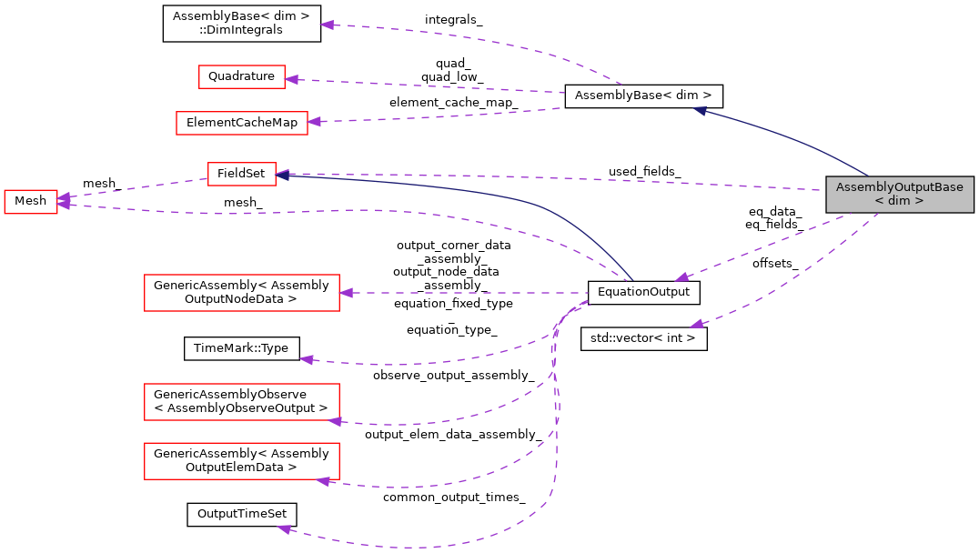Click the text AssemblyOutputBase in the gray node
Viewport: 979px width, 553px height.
pyautogui.click(x=899, y=187)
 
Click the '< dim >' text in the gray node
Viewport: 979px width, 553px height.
pyautogui.click(x=899, y=201)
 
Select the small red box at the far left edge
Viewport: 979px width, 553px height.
pyautogui.click(x=31, y=202)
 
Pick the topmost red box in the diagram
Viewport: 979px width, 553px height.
pyautogui.click(x=242, y=77)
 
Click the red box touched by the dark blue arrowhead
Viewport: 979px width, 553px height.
pyautogui.click(x=242, y=174)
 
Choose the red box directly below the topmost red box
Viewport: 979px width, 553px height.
pyautogui.click(x=242, y=123)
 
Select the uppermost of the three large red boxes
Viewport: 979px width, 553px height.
pyautogui.click(x=242, y=293)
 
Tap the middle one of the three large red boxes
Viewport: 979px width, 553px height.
pyautogui.click(x=242, y=402)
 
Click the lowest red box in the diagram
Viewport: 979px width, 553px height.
pyautogui.click(x=242, y=461)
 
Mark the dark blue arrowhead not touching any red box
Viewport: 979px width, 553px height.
pyautogui.click(x=700, y=110)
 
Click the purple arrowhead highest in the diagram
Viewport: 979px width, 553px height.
pyautogui.click(x=327, y=25)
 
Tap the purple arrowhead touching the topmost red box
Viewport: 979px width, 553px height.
pyautogui.click(x=291, y=80)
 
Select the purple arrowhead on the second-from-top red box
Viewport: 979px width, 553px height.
pyautogui.click(x=314, y=121)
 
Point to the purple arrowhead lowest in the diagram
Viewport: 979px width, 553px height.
pyautogui.click(x=284, y=528)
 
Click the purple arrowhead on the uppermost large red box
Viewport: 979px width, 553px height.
pyautogui.click(x=345, y=293)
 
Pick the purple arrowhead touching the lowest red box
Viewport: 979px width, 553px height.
pyautogui.click(x=322, y=480)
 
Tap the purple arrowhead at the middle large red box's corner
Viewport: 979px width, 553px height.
pyautogui.click(x=334, y=421)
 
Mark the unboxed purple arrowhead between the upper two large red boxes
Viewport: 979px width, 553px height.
pyautogui.click(x=307, y=360)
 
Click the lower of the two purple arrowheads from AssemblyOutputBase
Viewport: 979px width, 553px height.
pyautogui.click(x=696, y=324)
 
